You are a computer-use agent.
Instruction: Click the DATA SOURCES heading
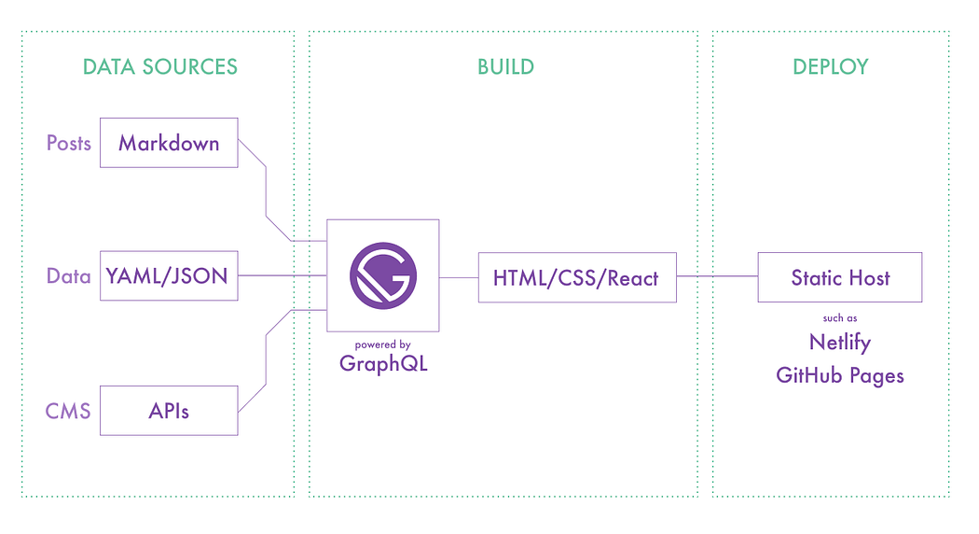pyautogui.click(x=159, y=67)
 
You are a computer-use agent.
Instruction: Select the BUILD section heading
pyautogui.click(x=505, y=67)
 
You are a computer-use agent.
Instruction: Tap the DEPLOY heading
pyautogui.click(x=830, y=67)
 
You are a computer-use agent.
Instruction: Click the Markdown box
pyautogui.click(x=169, y=143)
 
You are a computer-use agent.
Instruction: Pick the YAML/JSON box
pyautogui.click(x=169, y=276)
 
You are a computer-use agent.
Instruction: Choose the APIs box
pyautogui.click(x=169, y=410)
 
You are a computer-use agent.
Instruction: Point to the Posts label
pyautogui.click(x=69, y=143)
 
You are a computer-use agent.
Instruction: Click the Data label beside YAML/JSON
pyautogui.click(x=69, y=276)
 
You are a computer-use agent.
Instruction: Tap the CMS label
pyautogui.click(x=68, y=411)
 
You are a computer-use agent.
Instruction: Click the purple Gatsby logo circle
pyautogui.click(x=383, y=276)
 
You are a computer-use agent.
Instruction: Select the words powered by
pyautogui.click(x=382, y=344)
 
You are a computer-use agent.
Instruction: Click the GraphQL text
pyautogui.click(x=383, y=364)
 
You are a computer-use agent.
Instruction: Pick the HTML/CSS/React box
pyautogui.click(x=576, y=277)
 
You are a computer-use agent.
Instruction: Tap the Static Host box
pyautogui.click(x=840, y=277)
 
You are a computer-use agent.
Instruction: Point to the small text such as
pyautogui.click(x=840, y=318)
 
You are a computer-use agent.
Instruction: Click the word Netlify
pyautogui.click(x=840, y=343)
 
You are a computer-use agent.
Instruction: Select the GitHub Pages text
pyautogui.click(x=840, y=376)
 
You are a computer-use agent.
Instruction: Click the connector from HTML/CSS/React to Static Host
pyautogui.click(x=716, y=276)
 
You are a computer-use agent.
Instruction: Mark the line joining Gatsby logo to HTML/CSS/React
pyautogui.click(x=459, y=276)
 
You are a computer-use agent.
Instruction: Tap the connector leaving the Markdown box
pyautogui.click(x=267, y=191)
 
